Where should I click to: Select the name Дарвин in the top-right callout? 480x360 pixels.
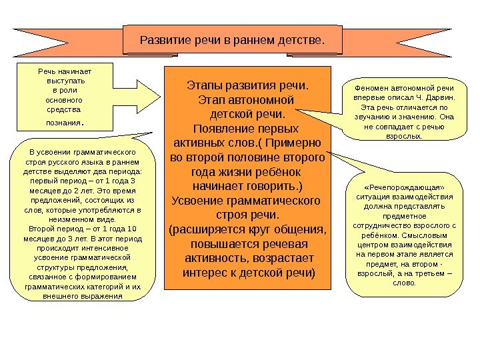(441, 97)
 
